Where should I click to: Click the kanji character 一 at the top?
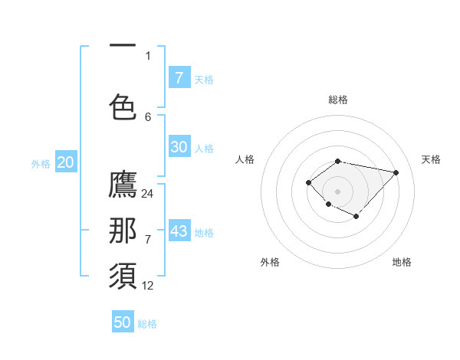(x=123, y=47)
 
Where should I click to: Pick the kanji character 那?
(x=123, y=231)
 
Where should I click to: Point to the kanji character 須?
(x=123, y=275)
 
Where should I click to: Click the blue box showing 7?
(x=179, y=77)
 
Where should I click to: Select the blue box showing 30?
(x=179, y=147)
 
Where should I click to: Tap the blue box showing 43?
(x=179, y=231)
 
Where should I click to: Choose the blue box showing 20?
(x=65, y=162)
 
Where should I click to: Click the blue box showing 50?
(x=123, y=322)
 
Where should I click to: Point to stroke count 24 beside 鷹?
(x=148, y=194)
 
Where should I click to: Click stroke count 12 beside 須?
(x=148, y=286)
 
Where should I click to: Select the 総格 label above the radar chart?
(x=338, y=100)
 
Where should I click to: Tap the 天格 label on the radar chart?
(x=431, y=159)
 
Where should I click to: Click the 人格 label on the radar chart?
(x=245, y=159)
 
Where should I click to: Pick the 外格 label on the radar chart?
(x=269, y=262)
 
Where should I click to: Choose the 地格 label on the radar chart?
(x=402, y=262)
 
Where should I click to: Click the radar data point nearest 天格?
(x=396, y=172)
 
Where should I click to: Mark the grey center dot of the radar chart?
(x=337, y=191)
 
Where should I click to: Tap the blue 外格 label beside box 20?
(x=41, y=163)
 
